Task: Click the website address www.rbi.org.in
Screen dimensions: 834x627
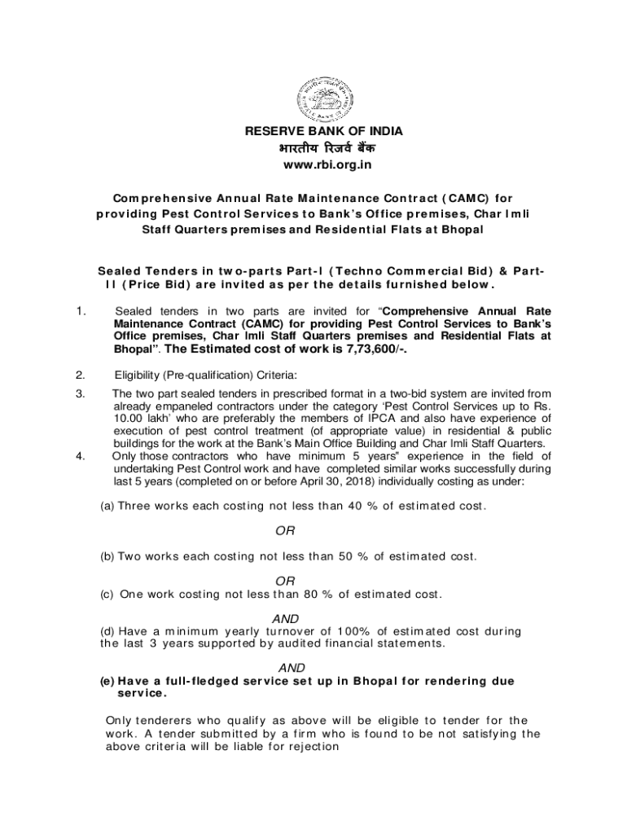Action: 313,165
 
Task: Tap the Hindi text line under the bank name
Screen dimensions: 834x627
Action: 313,147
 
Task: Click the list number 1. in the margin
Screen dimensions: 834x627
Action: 79,310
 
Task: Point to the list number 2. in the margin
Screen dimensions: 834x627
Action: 79,375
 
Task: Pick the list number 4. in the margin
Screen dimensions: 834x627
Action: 79,456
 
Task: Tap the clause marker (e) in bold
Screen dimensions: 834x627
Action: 107,681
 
